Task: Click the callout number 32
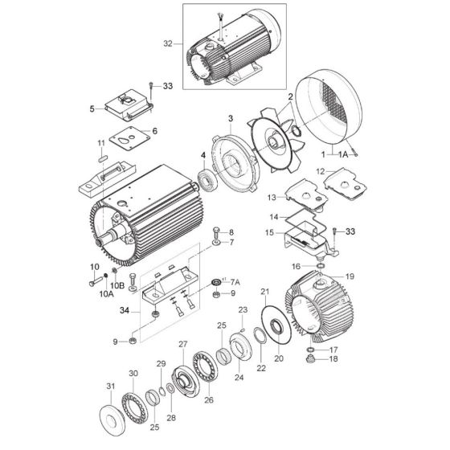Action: point(168,44)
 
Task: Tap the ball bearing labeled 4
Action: point(207,181)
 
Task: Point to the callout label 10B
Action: point(117,285)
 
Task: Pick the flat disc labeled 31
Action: point(112,419)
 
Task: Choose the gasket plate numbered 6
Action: point(130,138)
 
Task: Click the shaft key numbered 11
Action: point(103,158)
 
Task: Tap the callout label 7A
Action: point(235,282)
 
